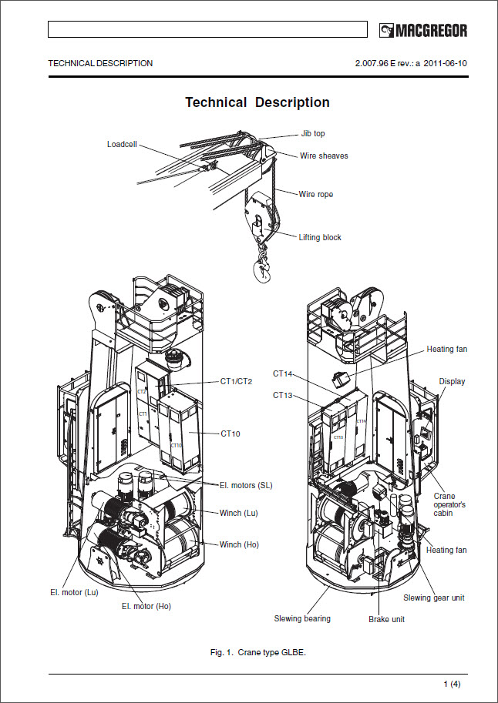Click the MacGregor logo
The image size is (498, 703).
(423, 31)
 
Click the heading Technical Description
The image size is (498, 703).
(257, 102)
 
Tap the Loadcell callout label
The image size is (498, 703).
(122, 144)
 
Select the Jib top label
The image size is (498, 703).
(313, 133)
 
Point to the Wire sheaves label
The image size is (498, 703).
(324, 156)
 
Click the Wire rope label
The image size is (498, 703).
(316, 194)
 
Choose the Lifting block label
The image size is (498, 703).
(320, 237)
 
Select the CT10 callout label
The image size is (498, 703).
(230, 434)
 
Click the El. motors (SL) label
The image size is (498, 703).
(246, 485)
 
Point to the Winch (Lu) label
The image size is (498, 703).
(240, 513)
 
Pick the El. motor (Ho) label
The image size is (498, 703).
(146, 606)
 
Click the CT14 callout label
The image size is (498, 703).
(283, 373)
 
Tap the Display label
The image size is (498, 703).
(453, 381)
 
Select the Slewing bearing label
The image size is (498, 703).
(302, 618)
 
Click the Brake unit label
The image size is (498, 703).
(386, 618)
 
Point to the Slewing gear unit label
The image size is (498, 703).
(434, 598)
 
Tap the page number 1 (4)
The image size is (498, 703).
(452, 685)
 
